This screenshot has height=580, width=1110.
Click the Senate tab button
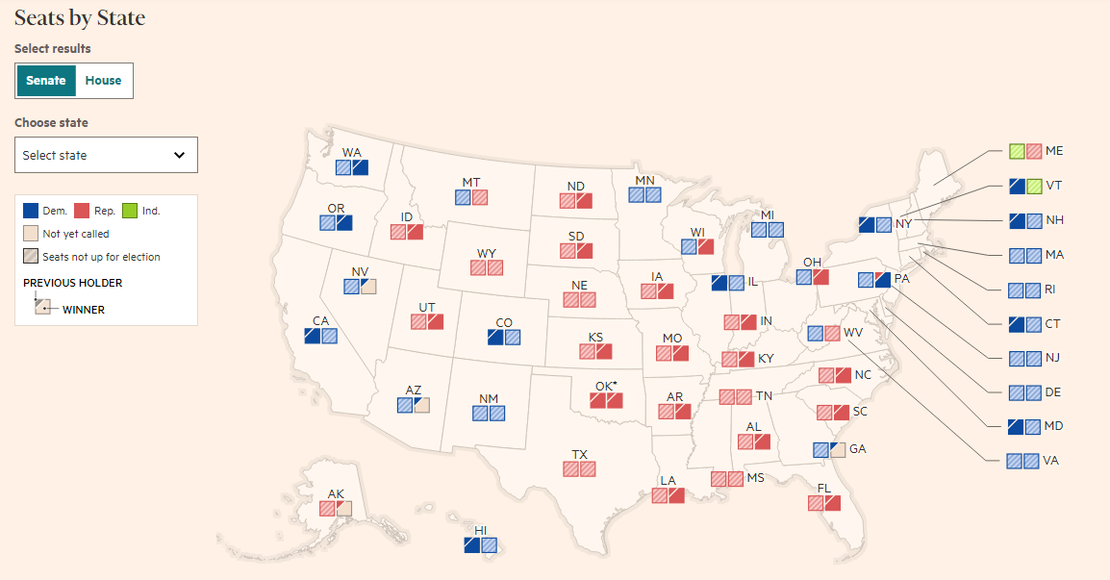coord(45,81)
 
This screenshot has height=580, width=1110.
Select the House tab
coord(103,81)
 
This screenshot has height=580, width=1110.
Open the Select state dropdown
coord(106,155)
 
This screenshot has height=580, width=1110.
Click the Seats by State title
coord(80,18)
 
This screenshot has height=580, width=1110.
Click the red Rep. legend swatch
coord(82,211)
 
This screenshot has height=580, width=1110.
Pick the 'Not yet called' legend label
coord(76,234)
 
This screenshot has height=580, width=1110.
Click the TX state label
coord(579,454)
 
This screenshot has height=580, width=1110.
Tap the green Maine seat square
coord(1017,151)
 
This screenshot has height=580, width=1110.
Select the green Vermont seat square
coord(1034,186)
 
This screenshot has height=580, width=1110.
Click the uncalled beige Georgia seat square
coord(837,449)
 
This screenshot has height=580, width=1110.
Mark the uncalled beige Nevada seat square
coord(368,286)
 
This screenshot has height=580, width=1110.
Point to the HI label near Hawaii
coord(481,530)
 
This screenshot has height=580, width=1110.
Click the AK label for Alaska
coord(336,494)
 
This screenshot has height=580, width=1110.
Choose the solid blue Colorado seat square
coord(495,338)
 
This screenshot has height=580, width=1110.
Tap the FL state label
coord(824,489)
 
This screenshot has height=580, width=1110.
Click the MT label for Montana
coord(471,183)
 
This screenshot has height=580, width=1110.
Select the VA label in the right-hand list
coord(1052,461)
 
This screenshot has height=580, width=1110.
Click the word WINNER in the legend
coord(84,310)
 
